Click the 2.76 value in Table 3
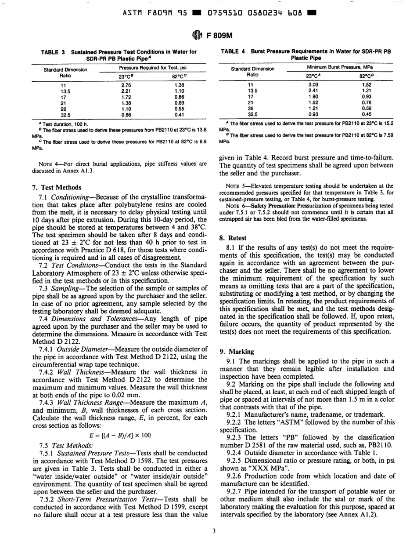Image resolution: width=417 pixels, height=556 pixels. [x=126, y=85]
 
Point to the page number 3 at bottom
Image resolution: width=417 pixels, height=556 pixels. [x=214, y=543]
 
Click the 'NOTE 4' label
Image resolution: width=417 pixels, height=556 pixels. [x=51, y=164]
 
